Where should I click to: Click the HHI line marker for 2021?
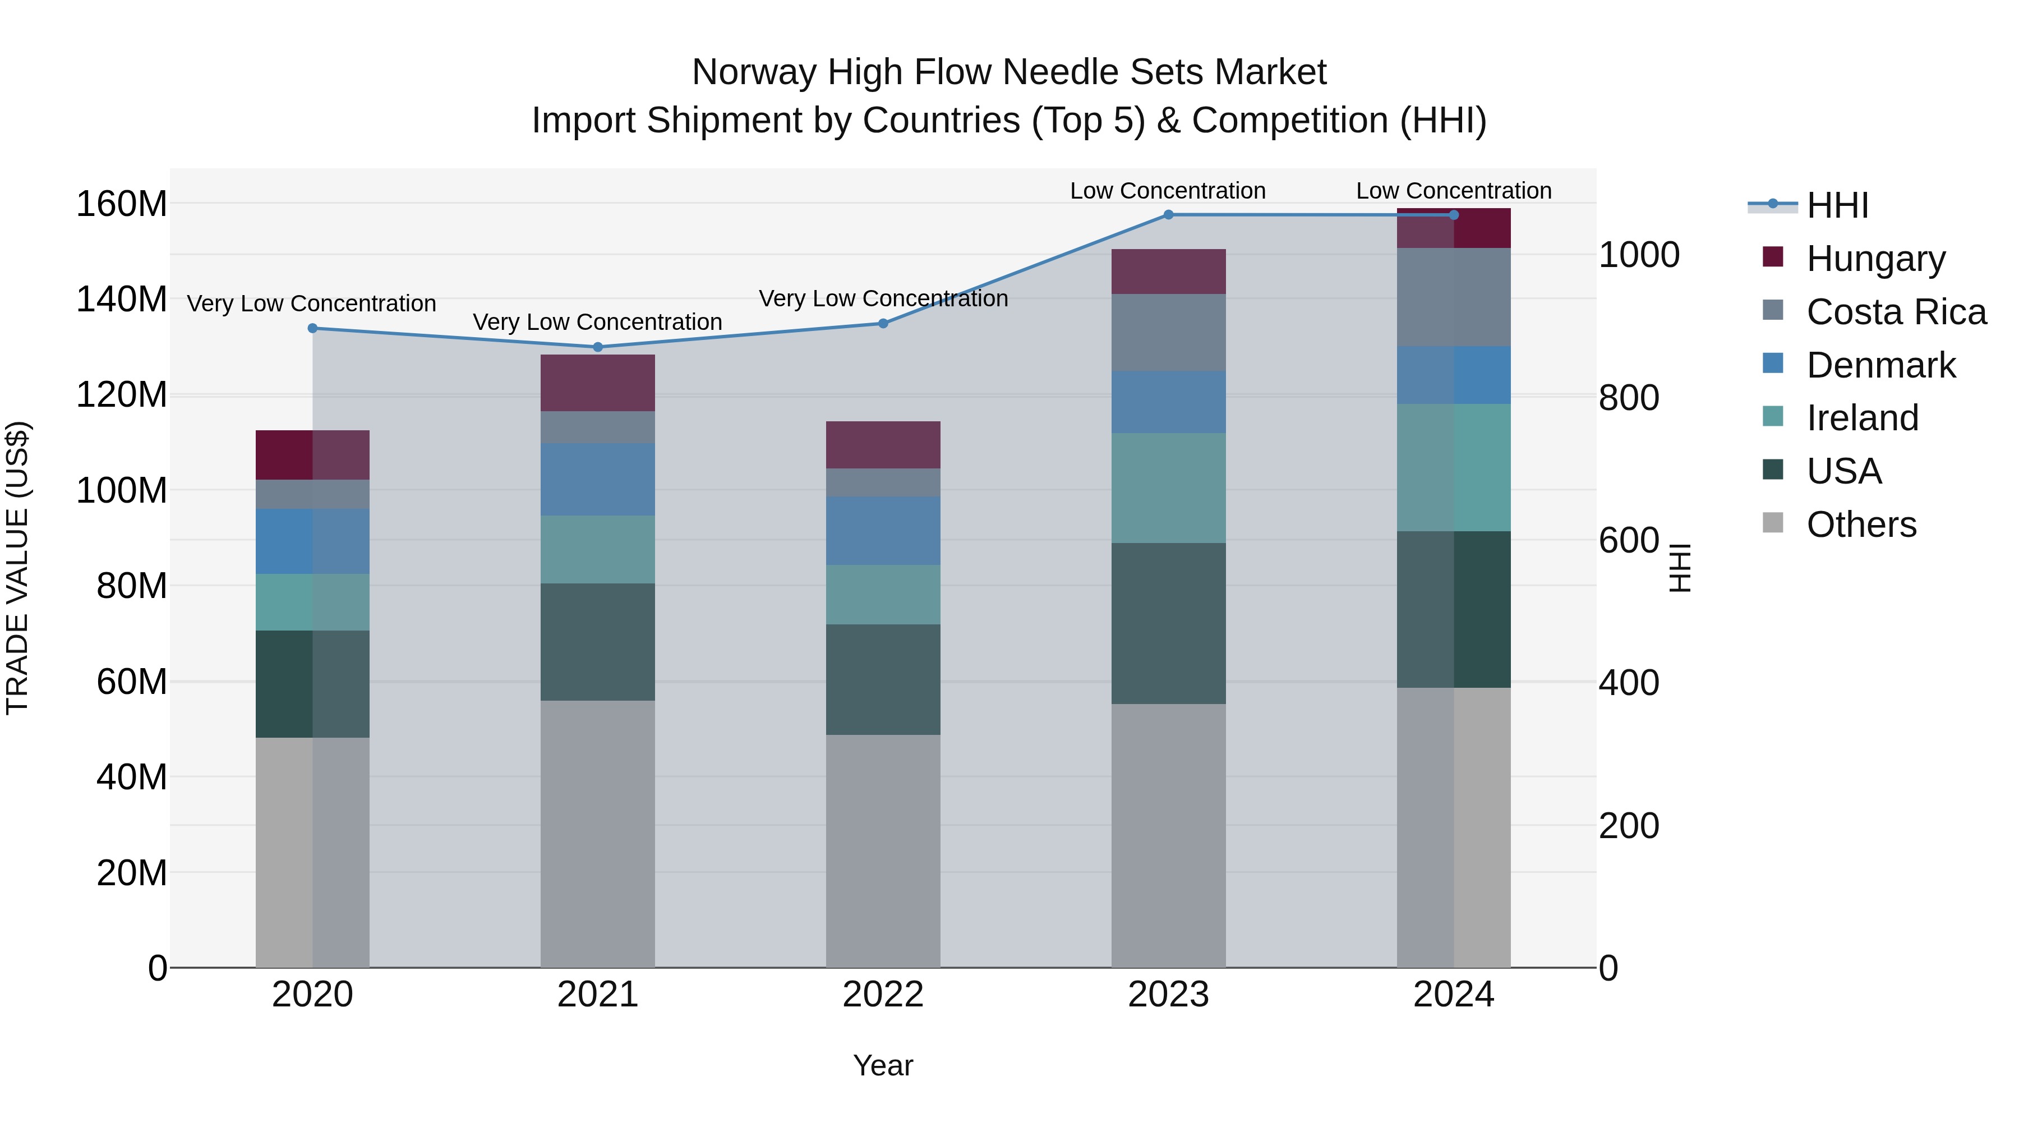click(x=598, y=347)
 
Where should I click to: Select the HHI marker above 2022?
click(x=883, y=323)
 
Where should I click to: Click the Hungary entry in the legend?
click(x=1875, y=259)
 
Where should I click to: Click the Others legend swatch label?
click(x=1861, y=525)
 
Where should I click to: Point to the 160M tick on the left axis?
click(x=122, y=204)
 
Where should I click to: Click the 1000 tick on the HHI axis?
click(x=1639, y=255)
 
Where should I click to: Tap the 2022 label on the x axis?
click(x=883, y=995)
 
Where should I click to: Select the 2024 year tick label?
click(x=1453, y=995)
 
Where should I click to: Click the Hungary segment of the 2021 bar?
click(x=598, y=383)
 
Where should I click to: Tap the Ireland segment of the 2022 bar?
click(x=883, y=594)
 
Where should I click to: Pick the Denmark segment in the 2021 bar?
click(x=598, y=479)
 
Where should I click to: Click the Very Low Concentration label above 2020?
click(x=311, y=303)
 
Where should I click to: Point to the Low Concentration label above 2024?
click(x=1453, y=191)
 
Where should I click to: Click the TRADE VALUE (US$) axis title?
click(x=17, y=568)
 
